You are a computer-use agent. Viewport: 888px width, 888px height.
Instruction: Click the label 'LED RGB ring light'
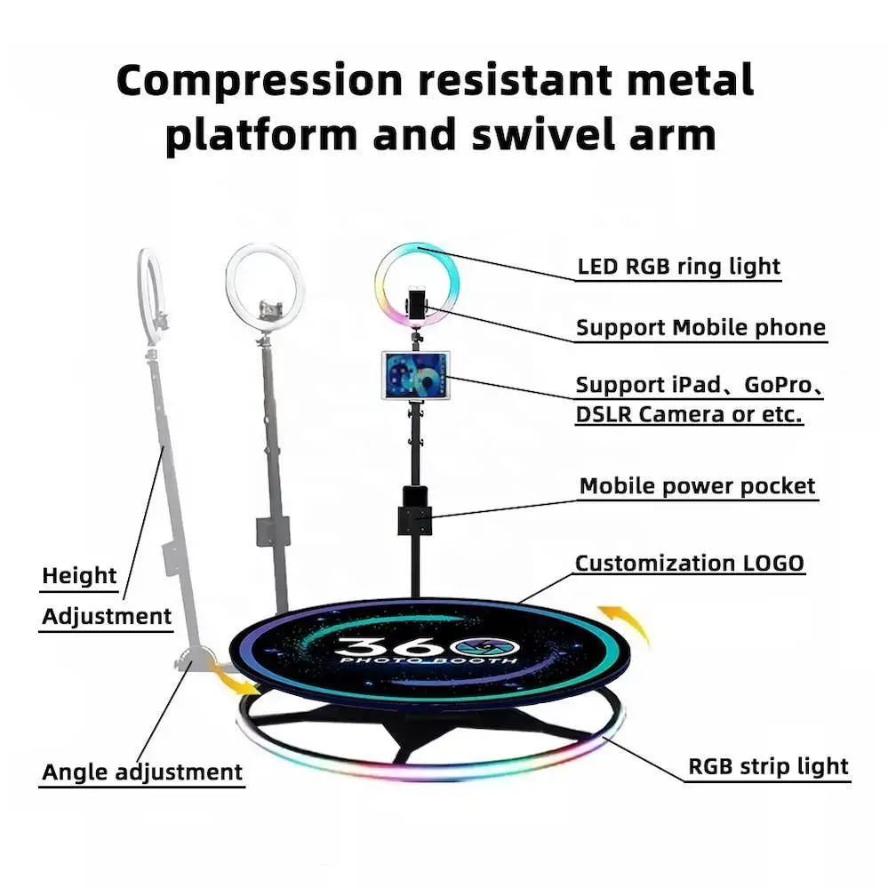[x=678, y=266]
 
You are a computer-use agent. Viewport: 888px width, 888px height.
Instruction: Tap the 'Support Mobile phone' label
[x=700, y=327]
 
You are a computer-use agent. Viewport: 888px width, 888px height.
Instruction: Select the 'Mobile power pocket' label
[x=697, y=486]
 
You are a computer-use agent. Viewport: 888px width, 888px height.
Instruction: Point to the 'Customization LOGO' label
[x=689, y=563]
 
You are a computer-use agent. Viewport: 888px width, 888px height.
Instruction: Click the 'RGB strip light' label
[x=768, y=766]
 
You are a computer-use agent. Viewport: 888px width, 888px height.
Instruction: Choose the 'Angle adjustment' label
[x=142, y=772]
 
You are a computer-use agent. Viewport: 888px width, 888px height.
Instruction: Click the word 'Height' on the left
[x=79, y=576]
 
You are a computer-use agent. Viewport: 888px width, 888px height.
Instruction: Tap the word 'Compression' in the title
[x=259, y=80]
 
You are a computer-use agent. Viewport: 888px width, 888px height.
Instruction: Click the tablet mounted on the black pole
[x=415, y=374]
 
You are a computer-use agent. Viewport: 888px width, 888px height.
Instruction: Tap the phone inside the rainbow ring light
[x=415, y=300]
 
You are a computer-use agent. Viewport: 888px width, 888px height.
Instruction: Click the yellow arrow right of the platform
[x=625, y=623]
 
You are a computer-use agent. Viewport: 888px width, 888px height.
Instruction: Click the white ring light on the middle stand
[x=265, y=283]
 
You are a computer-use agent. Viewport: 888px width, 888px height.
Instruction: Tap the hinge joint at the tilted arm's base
[x=193, y=660]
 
